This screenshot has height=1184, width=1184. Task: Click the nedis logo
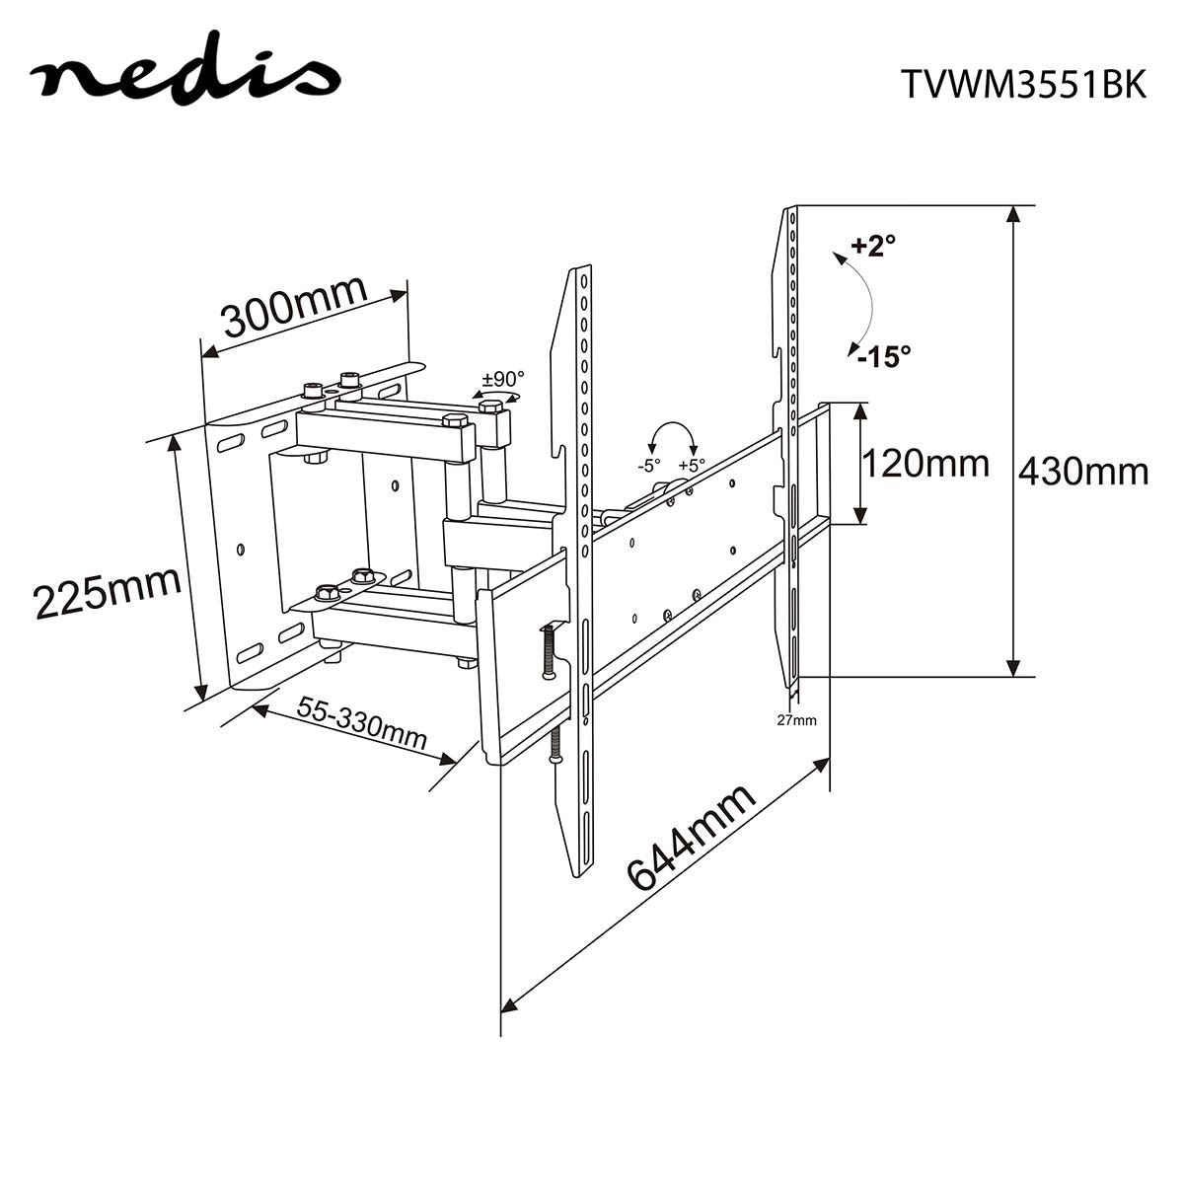click(185, 77)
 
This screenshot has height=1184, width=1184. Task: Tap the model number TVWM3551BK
click(1022, 86)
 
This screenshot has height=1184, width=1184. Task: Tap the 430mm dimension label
click(1082, 473)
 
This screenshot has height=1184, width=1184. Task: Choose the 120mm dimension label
click(925, 462)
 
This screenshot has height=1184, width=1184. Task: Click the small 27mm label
click(796, 720)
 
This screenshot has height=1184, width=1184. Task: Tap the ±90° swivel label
click(503, 379)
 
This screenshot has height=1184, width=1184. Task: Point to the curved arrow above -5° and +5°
click(670, 435)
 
